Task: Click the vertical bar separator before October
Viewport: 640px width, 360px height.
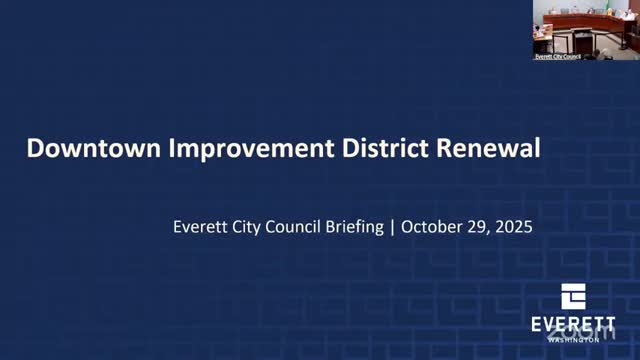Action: pyautogui.click(x=392, y=227)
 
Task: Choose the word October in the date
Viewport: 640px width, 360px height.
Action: pyautogui.click(x=431, y=227)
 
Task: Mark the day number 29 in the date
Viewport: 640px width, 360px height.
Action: pyautogui.click(x=479, y=227)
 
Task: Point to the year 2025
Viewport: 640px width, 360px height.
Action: pyautogui.click(x=514, y=227)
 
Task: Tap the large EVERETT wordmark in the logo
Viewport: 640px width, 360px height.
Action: pyautogui.click(x=573, y=326)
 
